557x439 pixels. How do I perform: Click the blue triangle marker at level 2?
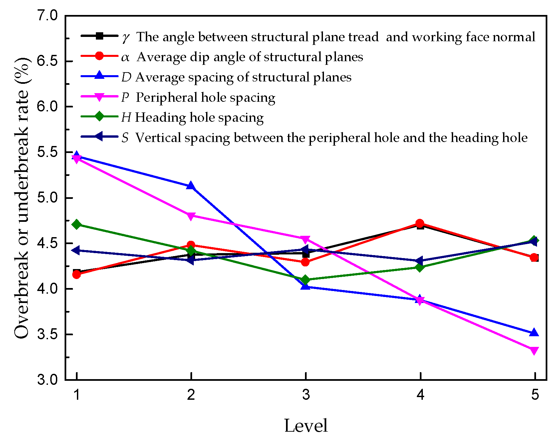tap(191, 186)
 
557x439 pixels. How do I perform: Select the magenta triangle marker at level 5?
tap(534, 351)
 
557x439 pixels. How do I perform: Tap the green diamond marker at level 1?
tap(77, 224)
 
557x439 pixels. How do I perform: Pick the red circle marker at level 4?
tap(420, 223)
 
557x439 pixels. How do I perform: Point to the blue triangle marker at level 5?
tap(534, 333)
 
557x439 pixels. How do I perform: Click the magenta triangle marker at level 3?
tap(306, 239)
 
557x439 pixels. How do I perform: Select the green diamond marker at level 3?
tap(306, 280)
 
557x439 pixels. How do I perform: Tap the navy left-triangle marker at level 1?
tap(76, 250)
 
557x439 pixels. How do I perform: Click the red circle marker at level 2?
tap(191, 245)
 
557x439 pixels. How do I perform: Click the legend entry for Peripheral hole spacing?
tap(205, 97)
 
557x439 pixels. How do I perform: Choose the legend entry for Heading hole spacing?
tap(199, 117)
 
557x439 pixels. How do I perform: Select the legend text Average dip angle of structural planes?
tap(250, 57)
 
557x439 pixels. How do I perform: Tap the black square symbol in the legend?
tap(99, 36)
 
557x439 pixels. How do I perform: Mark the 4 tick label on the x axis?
tap(420, 395)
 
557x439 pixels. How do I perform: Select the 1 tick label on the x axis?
tap(77, 395)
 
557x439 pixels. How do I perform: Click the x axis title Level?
tap(306, 425)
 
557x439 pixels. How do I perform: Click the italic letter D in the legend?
tap(126, 77)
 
